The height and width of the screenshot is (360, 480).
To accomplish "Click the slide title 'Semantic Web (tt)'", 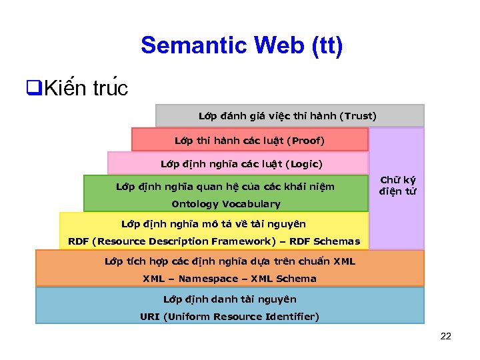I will (241, 45).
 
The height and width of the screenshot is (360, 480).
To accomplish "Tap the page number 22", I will (446, 336).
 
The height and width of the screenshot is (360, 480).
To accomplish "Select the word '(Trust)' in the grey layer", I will (358, 116).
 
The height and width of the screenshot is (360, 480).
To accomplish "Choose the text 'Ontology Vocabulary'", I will (225, 204).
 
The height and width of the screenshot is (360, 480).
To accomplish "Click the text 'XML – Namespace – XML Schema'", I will (229, 279).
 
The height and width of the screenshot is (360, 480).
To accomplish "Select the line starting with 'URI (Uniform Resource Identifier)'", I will (229, 316).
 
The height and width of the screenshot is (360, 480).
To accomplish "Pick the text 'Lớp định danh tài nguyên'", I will (229, 299).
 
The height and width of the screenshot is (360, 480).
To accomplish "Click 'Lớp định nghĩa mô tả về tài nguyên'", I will (213, 224).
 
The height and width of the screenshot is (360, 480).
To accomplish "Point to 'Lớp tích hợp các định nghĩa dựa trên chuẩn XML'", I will (229, 261).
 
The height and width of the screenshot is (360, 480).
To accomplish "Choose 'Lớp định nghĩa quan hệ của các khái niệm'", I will (225, 187).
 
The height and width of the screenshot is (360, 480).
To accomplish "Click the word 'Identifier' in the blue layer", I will (291, 316).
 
